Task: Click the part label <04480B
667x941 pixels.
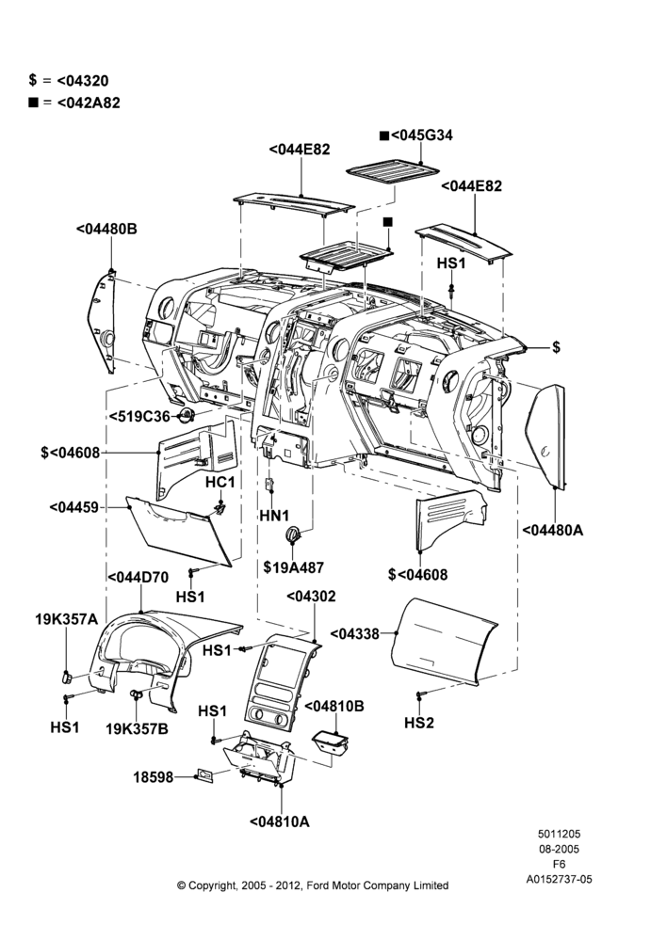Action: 107,229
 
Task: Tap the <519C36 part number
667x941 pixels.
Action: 140,416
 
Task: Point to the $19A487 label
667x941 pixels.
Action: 293,567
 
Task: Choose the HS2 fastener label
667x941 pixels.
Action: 419,723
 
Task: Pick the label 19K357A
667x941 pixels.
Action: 66,619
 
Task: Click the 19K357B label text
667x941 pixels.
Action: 137,729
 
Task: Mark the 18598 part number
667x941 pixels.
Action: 153,777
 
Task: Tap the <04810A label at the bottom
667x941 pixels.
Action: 280,821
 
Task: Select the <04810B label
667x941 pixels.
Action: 334,707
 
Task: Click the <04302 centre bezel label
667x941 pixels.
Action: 311,597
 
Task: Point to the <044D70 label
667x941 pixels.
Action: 138,578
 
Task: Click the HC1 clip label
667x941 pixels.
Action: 220,482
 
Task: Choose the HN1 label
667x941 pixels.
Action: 274,515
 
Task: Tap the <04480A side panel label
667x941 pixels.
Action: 552,530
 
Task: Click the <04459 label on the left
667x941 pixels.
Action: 73,508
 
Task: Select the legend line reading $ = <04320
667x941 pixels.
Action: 69,80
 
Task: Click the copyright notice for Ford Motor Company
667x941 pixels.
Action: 313,885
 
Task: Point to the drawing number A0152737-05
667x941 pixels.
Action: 559,879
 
